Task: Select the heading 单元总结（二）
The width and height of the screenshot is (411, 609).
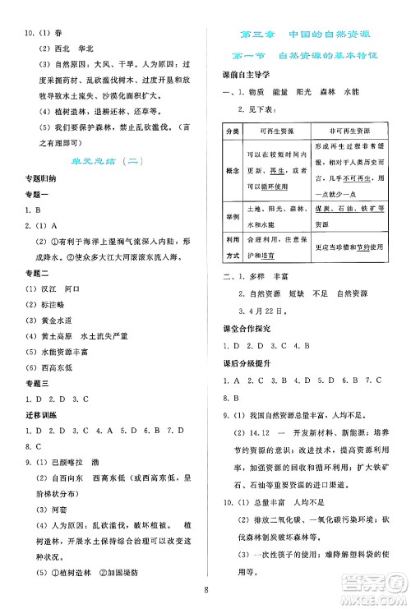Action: (104, 164)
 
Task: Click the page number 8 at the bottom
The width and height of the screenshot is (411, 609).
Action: (206, 588)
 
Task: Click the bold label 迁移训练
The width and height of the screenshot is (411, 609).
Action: (37, 418)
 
